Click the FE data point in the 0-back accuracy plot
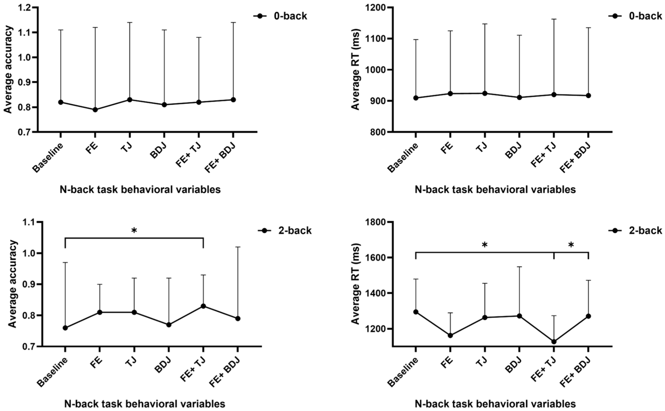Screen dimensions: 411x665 [95, 110]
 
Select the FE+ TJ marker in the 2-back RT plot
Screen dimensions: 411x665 [554, 342]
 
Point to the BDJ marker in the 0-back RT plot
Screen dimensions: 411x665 [519, 97]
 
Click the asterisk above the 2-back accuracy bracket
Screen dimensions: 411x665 [134, 231]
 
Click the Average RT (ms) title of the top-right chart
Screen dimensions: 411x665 [356, 69]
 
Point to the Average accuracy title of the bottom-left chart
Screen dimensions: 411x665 [12, 284]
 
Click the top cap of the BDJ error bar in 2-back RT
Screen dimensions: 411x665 [519, 267]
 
